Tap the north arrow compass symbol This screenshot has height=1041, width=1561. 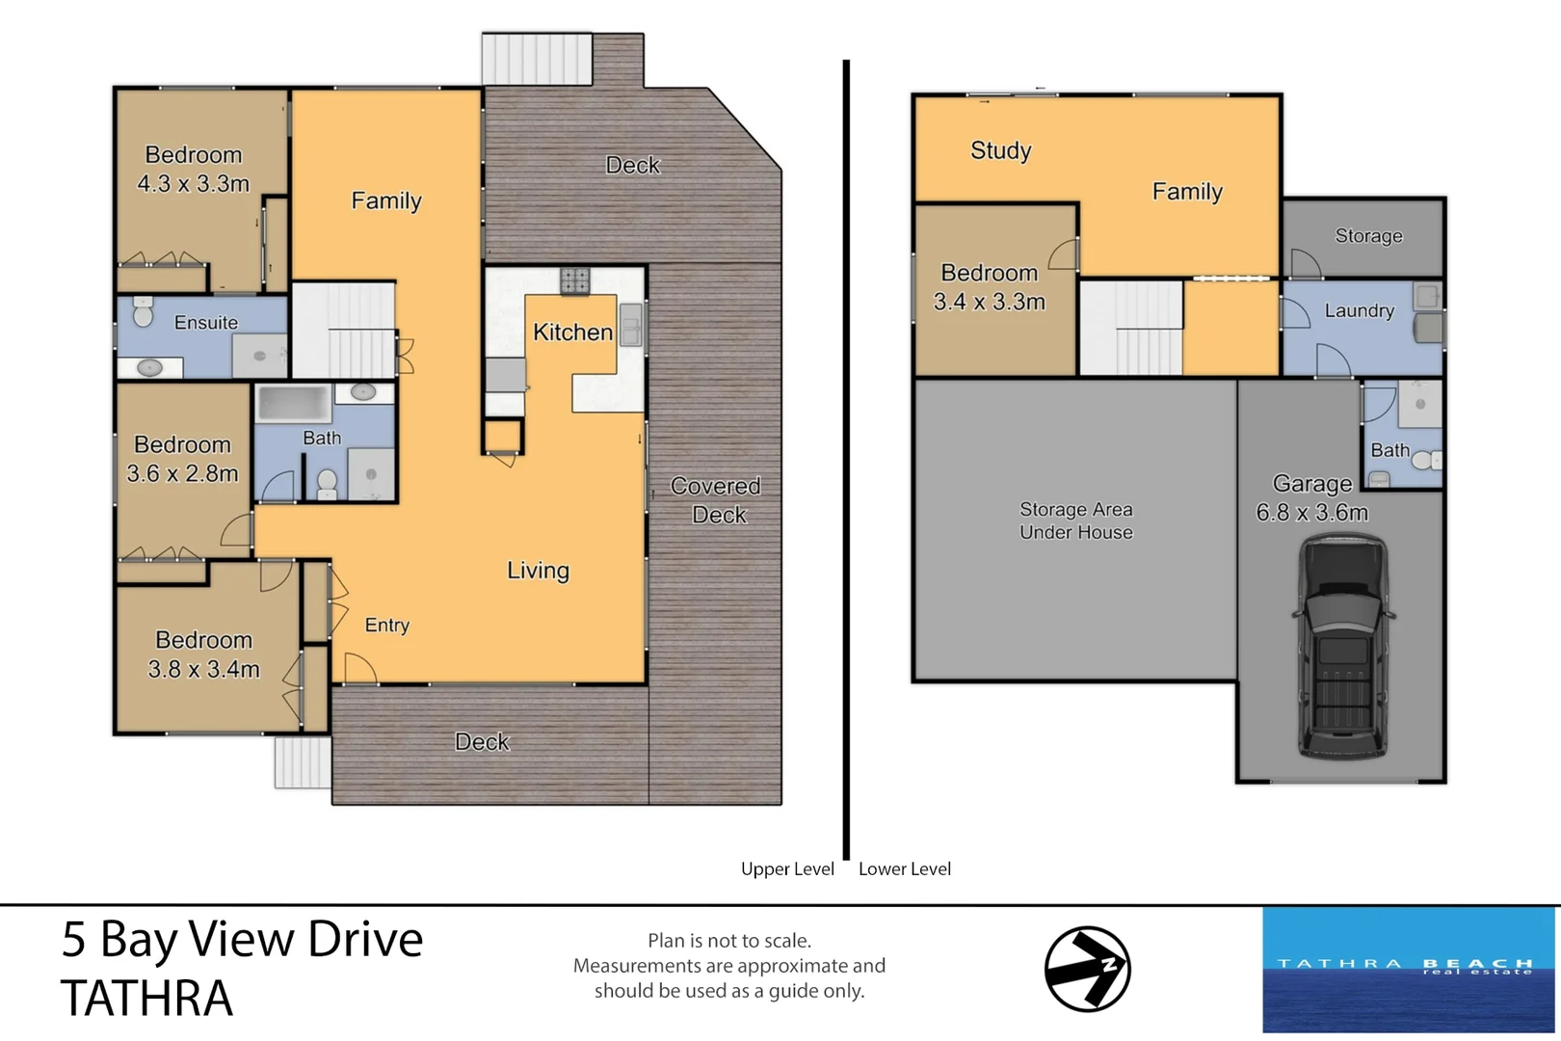1087,969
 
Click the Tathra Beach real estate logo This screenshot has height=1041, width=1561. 1408,969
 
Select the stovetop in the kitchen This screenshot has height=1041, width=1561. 574,280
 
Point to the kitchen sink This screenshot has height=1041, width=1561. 631,324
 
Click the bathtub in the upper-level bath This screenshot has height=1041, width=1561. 294,403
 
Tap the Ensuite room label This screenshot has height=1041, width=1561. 205,323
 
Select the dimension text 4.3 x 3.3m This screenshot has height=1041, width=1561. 193,184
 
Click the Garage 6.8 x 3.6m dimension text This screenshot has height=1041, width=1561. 1311,513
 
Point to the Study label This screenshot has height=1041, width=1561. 1000,150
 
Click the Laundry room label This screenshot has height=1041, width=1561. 1359,310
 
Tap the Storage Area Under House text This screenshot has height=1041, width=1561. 1075,520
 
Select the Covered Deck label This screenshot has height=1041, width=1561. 716,500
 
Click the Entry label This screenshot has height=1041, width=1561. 386,626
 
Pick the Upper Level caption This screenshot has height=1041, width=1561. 787,868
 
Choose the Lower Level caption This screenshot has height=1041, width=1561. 904,868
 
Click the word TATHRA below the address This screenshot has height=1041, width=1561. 146,999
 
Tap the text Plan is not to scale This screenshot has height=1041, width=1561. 728,941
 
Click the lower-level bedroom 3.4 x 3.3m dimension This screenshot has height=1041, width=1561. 989,302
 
